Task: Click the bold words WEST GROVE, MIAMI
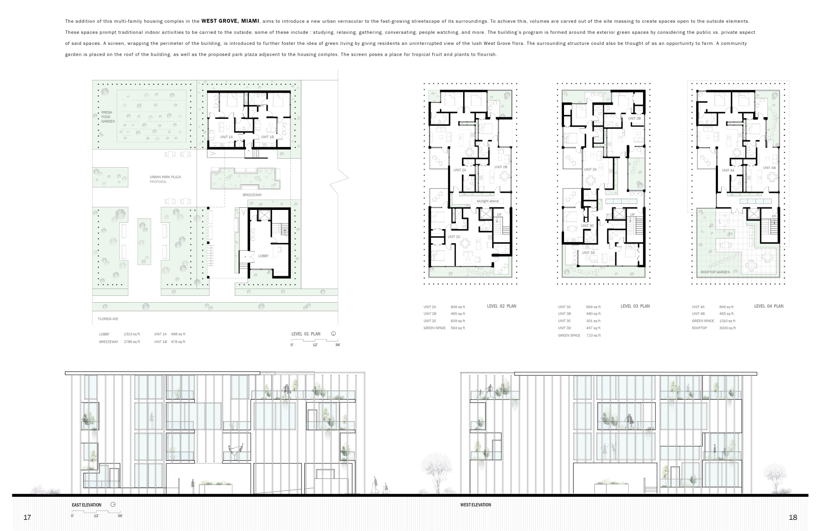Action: (x=230, y=21)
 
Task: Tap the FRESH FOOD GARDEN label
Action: (x=108, y=117)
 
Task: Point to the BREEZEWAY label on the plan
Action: (x=252, y=195)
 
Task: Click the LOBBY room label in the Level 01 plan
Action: (x=263, y=256)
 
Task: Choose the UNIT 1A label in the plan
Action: (x=227, y=137)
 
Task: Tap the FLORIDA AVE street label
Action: (x=108, y=319)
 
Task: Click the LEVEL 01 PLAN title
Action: (x=306, y=334)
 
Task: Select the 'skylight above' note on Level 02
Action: (x=487, y=201)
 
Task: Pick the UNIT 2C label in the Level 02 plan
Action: (x=454, y=237)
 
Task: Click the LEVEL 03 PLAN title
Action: (x=635, y=306)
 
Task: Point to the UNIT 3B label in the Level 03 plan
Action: (x=634, y=118)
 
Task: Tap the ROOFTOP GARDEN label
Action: (x=715, y=272)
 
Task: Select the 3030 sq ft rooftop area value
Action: (x=727, y=328)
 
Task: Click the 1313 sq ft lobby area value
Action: (x=132, y=334)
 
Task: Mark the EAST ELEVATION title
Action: (x=86, y=505)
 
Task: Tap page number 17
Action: (x=27, y=518)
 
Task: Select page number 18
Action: (x=793, y=518)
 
